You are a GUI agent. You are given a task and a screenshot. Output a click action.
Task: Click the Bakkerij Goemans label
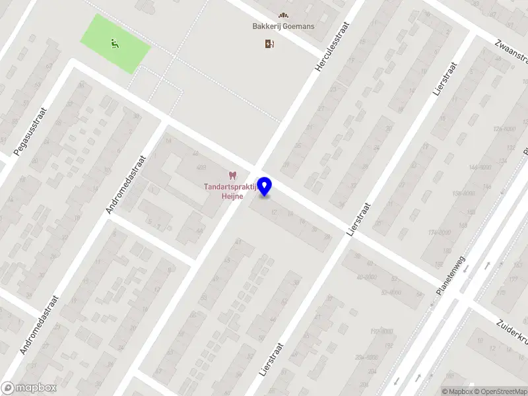[283, 27]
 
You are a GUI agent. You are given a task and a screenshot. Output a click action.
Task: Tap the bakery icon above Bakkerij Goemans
[283, 15]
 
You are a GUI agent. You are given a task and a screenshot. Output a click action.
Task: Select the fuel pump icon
[269, 44]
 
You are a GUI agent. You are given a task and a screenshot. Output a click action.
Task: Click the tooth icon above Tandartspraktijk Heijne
[232, 176]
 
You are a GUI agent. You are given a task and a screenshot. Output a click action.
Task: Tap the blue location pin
[265, 187]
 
